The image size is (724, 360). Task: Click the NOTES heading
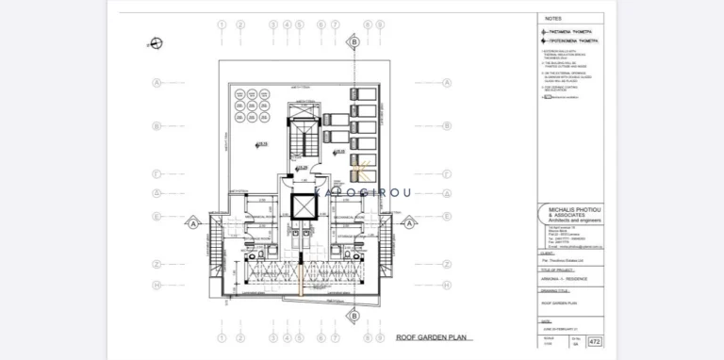(554, 18)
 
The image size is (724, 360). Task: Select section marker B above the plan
(354, 42)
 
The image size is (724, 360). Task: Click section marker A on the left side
(193, 224)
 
